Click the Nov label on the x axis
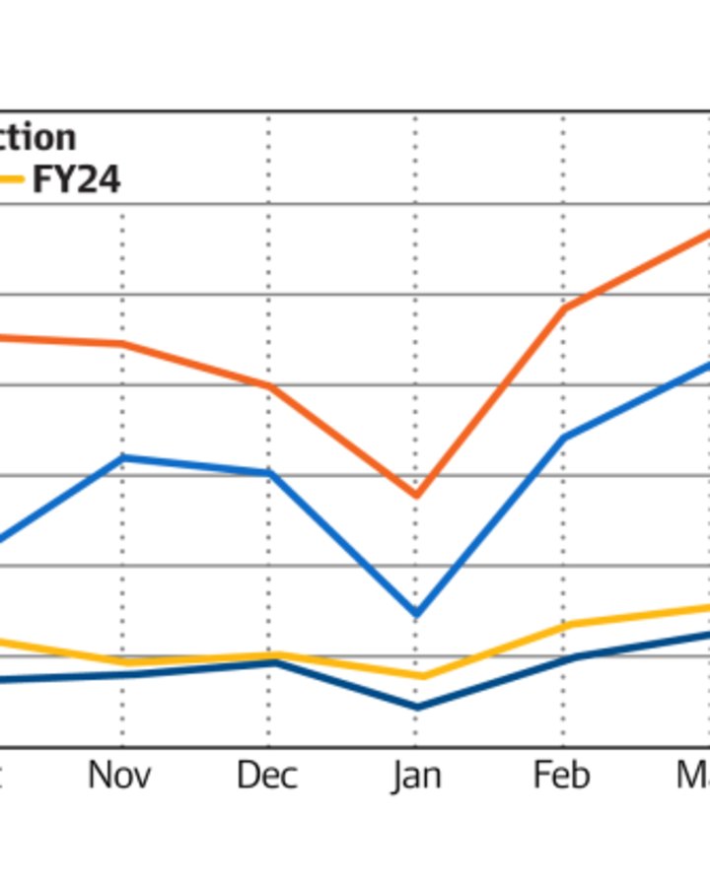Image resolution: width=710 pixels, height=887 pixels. pos(120,776)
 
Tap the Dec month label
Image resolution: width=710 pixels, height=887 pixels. pos(266,776)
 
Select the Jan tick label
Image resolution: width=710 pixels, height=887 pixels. pos(415,776)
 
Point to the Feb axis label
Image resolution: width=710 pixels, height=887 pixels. pos(562,776)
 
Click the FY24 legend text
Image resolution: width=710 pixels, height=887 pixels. pos(77,180)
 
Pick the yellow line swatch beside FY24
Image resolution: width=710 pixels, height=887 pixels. pos(10,180)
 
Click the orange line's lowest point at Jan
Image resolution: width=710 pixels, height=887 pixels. pos(415,495)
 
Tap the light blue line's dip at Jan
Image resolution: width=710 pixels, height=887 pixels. pos(415,615)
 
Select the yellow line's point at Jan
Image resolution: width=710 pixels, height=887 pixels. pos(415,677)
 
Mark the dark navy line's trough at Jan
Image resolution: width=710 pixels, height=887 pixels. pos(415,708)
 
